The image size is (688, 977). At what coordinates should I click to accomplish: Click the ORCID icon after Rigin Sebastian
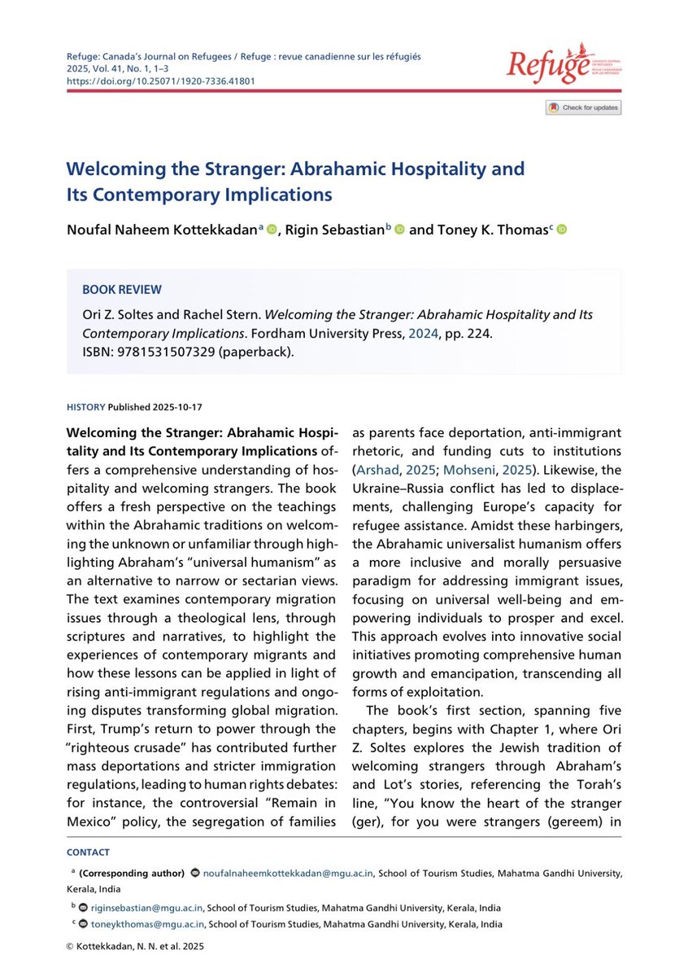pos(398,230)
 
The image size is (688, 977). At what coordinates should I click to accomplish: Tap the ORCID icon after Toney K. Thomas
pos(560,230)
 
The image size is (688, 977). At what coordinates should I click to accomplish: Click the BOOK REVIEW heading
pos(122,290)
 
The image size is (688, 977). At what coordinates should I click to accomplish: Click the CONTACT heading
pos(89,853)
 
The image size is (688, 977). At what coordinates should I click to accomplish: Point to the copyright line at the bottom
pos(134,947)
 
